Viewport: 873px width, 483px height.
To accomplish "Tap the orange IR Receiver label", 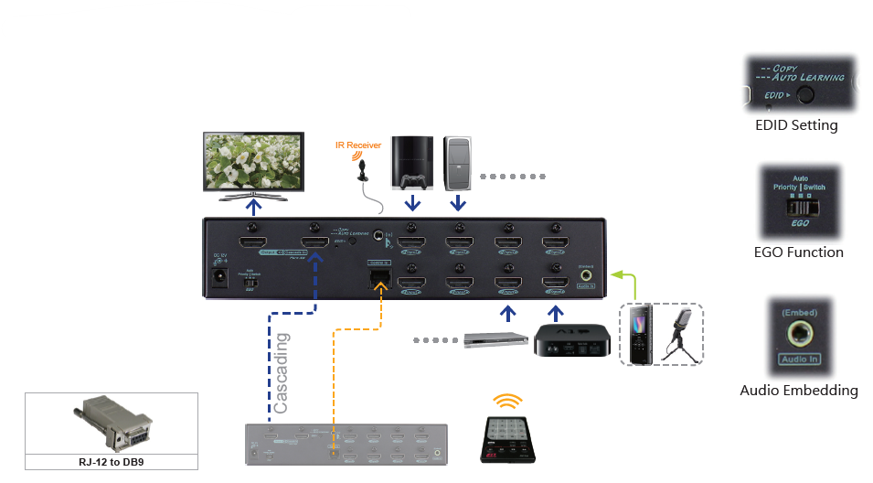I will [x=357, y=145].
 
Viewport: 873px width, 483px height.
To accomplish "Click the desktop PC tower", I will [x=457, y=162].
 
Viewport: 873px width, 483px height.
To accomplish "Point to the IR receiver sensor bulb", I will [x=363, y=168].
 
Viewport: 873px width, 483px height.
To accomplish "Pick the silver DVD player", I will [x=496, y=339].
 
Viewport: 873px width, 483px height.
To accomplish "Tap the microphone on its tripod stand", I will [x=683, y=335].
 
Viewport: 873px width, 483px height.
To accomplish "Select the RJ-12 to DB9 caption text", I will [x=112, y=462].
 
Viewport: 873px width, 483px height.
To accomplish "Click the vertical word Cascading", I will [x=282, y=373].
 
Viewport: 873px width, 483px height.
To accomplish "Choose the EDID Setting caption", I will [x=796, y=125].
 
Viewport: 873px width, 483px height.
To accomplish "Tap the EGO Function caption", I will [x=798, y=252].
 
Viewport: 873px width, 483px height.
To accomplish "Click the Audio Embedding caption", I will [x=798, y=391].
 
